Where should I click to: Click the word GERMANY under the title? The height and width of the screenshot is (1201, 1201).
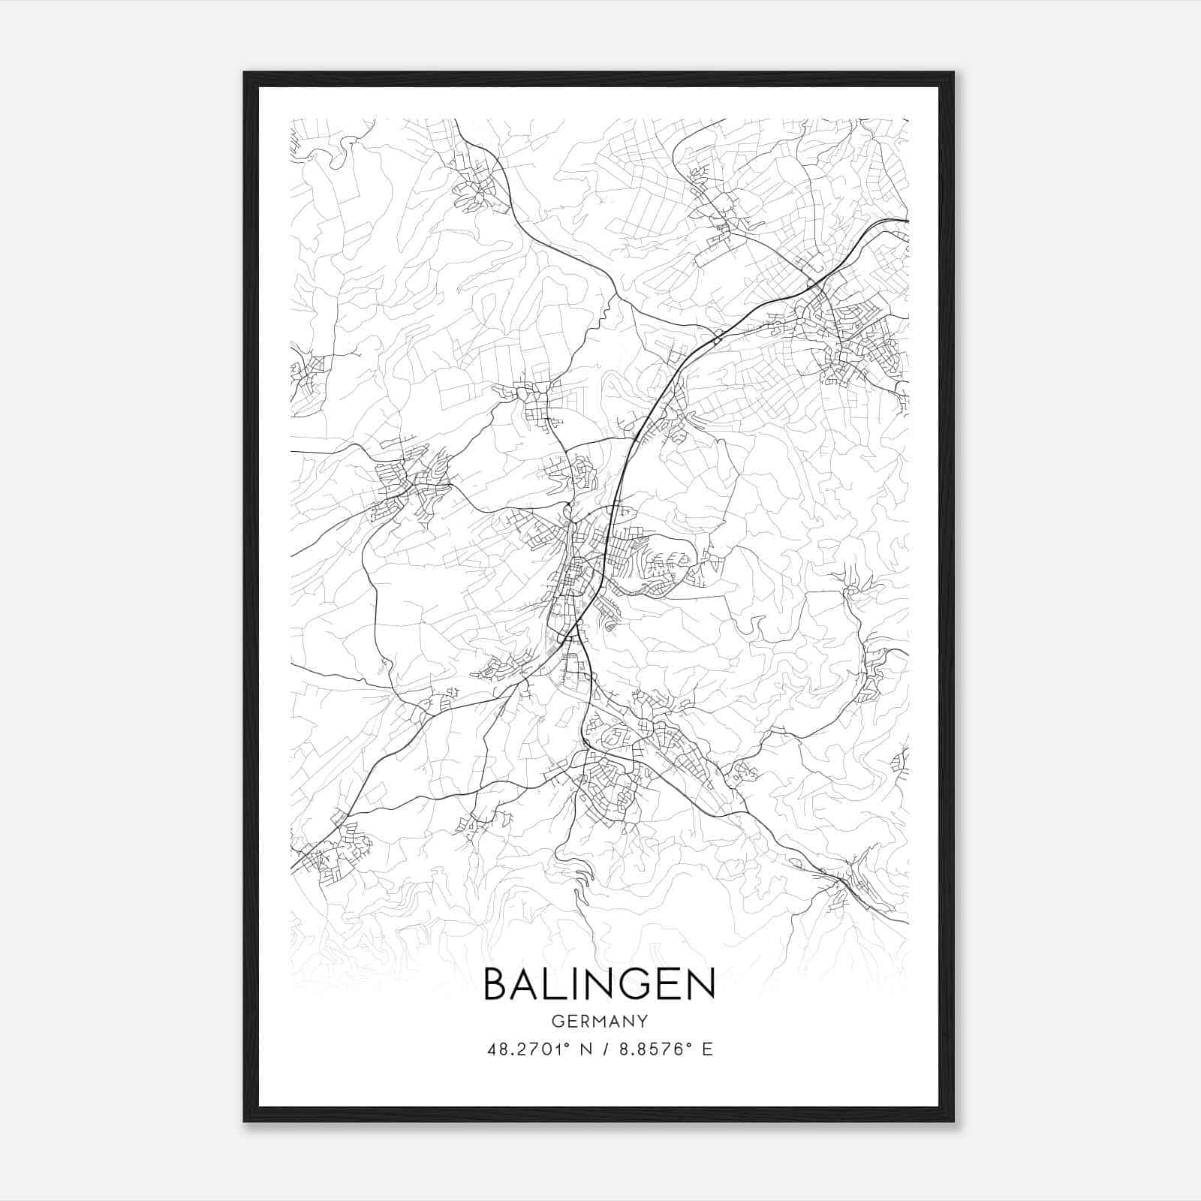point(599,1021)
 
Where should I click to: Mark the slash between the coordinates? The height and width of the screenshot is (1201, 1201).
point(604,1049)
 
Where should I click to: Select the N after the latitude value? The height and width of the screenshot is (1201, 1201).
point(585,1049)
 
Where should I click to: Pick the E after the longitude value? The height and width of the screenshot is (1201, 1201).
point(706,1049)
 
